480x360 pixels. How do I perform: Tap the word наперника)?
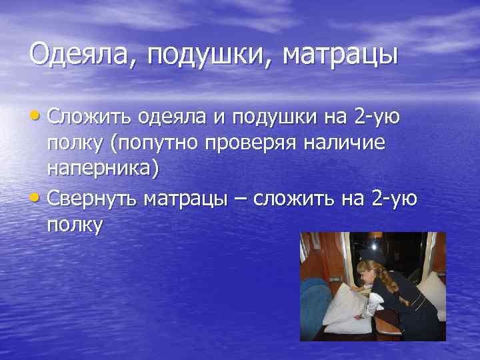pos(103,169)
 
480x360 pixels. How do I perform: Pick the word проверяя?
pos(258,144)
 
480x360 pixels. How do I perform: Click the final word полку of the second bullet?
pos(75,225)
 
